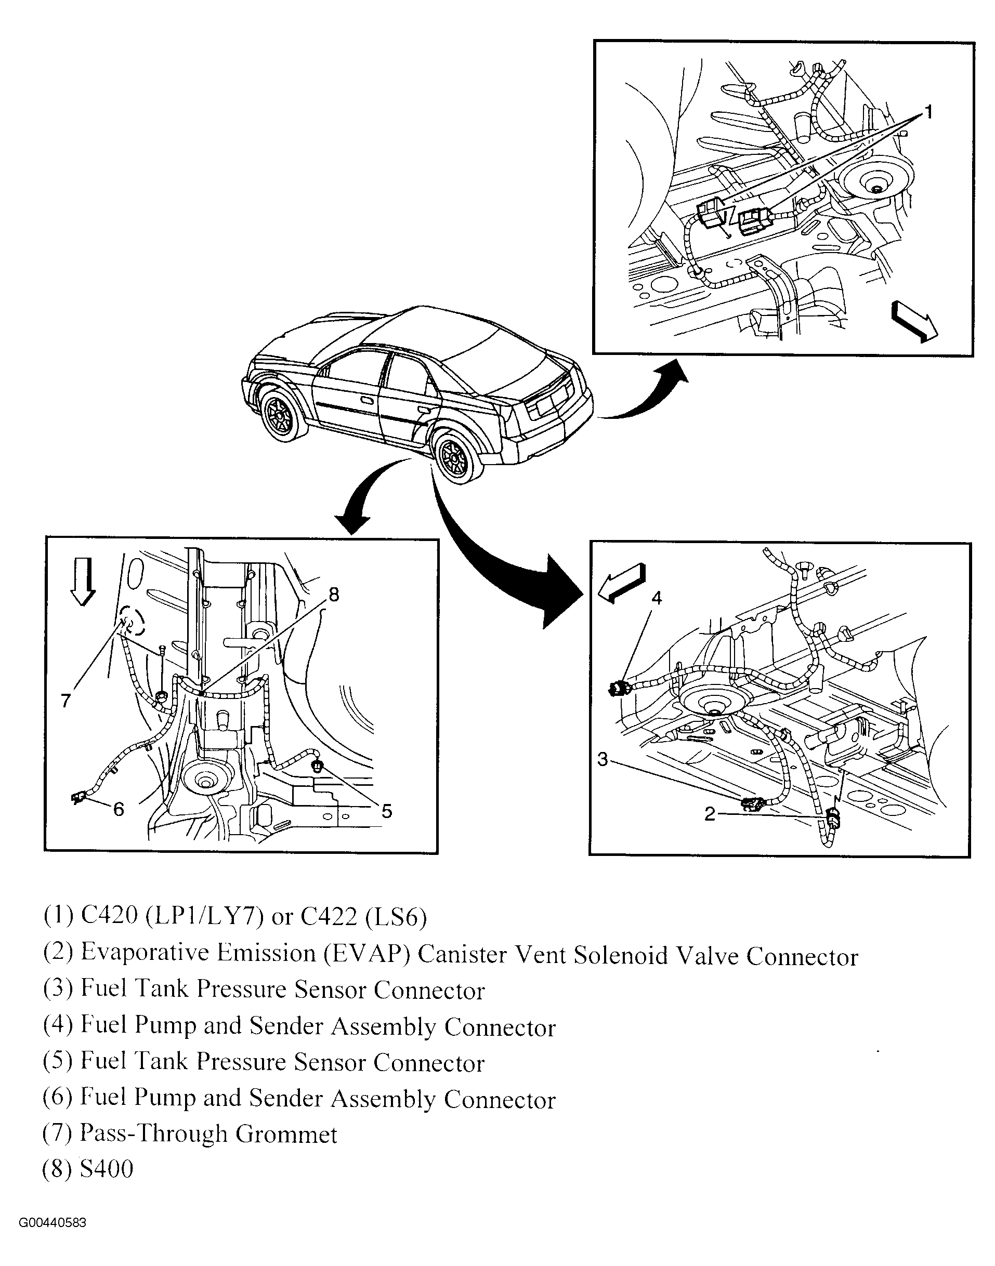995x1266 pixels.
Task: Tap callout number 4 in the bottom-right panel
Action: [x=657, y=598]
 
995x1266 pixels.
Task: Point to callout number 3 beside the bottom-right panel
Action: [x=603, y=759]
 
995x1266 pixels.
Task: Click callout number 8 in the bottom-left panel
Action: [x=334, y=595]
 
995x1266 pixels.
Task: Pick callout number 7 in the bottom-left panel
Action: [x=66, y=701]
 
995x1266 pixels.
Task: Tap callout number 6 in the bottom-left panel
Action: [x=118, y=809]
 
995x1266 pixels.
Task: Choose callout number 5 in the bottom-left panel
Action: [x=386, y=811]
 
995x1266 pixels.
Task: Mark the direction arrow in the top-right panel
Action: [x=914, y=320]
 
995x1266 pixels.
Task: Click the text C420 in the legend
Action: [x=109, y=917]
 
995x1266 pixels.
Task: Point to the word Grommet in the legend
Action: [x=286, y=1135]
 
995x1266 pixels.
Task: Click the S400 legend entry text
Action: [x=107, y=1169]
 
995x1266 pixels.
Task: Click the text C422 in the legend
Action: [x=329, y=917]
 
